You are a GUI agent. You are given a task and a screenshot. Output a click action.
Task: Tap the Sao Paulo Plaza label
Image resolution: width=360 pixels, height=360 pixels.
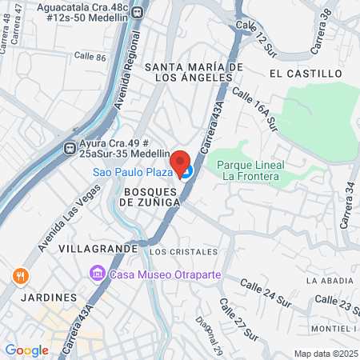(x=130, y=172)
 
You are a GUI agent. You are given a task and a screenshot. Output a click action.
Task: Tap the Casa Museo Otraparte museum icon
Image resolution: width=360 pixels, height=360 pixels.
(x=98, y=274)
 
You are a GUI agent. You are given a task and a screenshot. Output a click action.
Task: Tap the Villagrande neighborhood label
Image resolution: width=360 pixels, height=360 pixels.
(x=103, y=249)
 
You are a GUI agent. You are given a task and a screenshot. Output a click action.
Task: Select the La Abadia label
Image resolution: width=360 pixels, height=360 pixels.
(x=328, y=281)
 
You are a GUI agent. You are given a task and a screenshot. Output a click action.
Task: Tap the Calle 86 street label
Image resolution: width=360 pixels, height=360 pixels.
(x=89, y=57)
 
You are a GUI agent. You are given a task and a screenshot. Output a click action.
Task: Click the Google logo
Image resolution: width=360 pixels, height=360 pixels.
(x=26, y=350)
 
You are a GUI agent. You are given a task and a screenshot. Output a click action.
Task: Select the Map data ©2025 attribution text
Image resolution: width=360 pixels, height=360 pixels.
(x=326, y=354)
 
